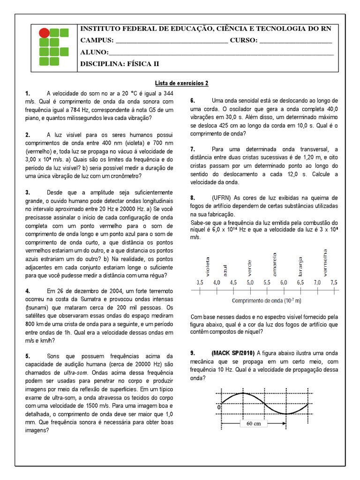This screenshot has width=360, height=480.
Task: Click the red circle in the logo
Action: [x=43, y=33]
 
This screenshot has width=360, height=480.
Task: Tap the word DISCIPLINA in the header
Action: [x=100, y=64]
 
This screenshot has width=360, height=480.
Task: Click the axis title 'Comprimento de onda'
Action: [x=261, y=300]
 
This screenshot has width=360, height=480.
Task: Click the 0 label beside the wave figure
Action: [x=219, y=408]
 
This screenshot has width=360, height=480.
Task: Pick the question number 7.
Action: [x=192, y=149]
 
